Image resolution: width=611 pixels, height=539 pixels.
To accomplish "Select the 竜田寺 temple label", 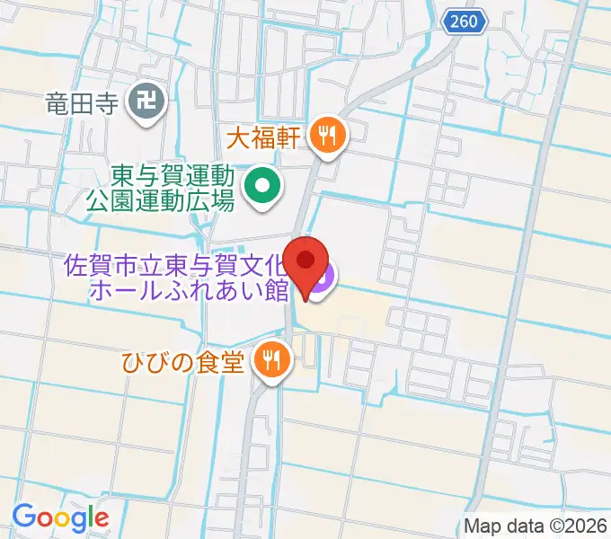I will click(x=83, y=103).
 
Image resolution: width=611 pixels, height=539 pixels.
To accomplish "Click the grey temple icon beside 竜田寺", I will click(x=146, y=103).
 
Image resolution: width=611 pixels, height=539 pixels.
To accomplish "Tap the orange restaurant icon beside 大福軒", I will click(x=326, y=136).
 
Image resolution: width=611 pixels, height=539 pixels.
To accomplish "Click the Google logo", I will click(x=60, y=517).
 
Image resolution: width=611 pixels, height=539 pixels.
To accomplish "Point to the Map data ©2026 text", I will click(x=536, y=526).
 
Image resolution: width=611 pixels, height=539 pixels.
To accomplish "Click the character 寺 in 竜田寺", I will click(x=108, y=103).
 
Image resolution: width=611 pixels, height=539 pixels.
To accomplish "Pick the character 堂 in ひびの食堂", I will click(x=235, y=362).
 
